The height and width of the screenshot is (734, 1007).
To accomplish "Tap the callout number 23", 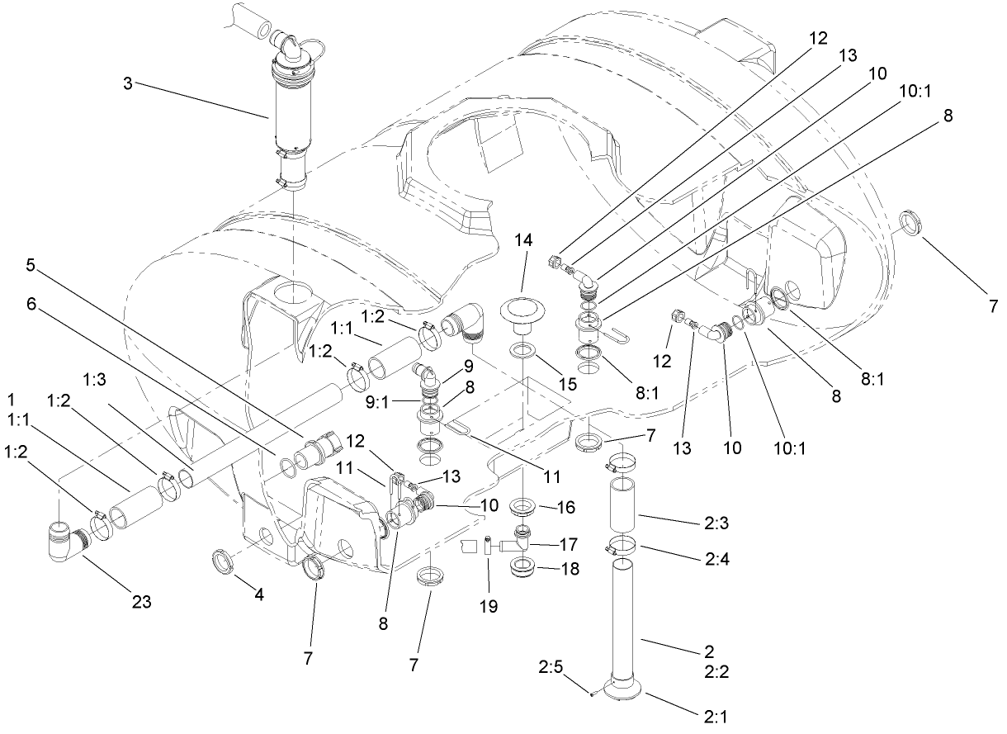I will click(x=142, y=602).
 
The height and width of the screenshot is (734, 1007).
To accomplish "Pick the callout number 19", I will click(x=488, y=606).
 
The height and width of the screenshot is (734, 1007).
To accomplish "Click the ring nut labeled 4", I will click(x=225, y=563).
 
